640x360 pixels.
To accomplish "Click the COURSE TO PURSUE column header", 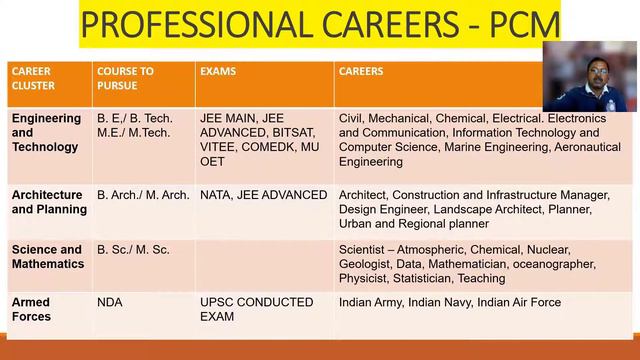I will pos(125,79).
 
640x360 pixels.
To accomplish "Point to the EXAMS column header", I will pos(218,72).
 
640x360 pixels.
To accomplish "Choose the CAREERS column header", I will pos(361,72).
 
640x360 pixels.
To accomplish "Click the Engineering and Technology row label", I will pos(46,133).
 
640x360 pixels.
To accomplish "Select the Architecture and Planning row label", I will pos(47,202).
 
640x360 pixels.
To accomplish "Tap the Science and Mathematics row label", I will pos(46,257).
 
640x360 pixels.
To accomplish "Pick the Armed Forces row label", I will pos(31,309).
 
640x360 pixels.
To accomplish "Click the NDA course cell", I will pos(110,301).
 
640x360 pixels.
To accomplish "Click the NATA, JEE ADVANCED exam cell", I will pos(264,195).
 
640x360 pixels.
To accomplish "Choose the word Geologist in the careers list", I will pos(367,264).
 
